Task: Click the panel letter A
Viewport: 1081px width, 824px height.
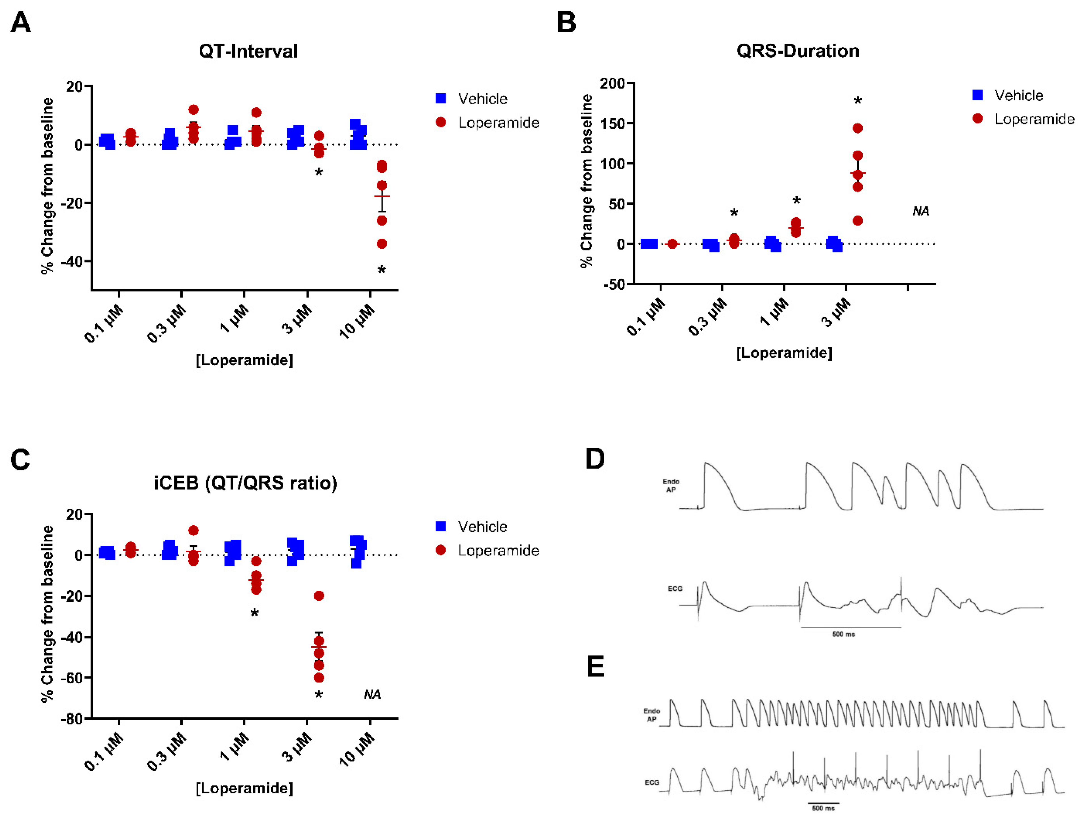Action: [21, 23]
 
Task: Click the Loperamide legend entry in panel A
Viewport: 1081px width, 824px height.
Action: [498, 122]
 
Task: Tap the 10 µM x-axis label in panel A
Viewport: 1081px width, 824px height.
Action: [357, 321]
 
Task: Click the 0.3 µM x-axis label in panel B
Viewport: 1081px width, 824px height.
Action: [708, 317]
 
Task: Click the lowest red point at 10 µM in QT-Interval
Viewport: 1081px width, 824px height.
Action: [382, 244]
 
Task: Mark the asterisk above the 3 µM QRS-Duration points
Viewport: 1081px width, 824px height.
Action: [857, 102]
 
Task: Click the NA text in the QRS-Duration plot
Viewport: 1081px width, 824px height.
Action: [920, 212]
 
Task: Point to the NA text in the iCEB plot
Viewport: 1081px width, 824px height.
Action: [372, 694]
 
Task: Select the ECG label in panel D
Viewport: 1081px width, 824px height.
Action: [675, 589]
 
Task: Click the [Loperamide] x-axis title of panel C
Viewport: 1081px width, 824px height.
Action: [244, 788]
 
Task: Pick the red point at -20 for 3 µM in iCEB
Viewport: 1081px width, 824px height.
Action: [319, 596]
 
